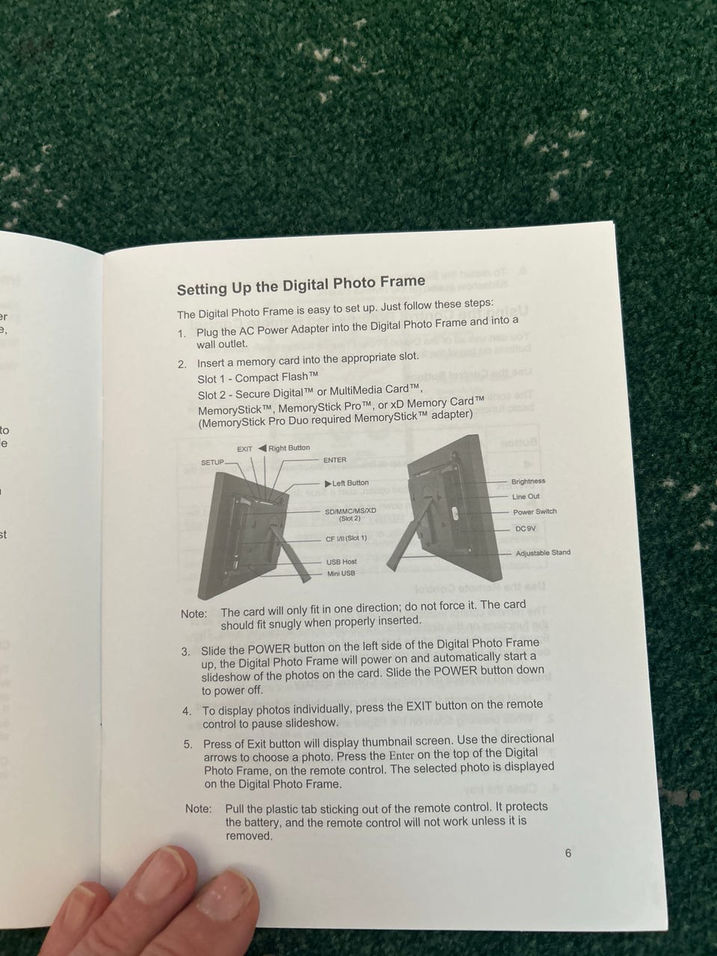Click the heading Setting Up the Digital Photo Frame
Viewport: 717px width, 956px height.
301,285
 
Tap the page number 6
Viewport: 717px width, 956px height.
568,853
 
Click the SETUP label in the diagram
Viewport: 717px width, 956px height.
212,462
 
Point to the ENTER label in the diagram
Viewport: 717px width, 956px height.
335,459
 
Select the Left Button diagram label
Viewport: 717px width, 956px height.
347,483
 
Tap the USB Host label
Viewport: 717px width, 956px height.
341,562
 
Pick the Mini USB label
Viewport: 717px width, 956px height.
341,573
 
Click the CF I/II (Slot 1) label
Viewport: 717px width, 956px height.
347,538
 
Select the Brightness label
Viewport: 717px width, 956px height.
528,481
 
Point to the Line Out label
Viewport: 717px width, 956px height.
526,497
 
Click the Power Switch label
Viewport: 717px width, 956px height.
535,512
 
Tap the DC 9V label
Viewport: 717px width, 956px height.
526,529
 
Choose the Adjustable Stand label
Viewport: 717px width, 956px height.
543,553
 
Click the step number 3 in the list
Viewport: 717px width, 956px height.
186,652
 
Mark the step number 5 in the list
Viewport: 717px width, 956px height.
187,745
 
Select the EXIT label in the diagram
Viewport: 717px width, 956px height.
244,449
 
